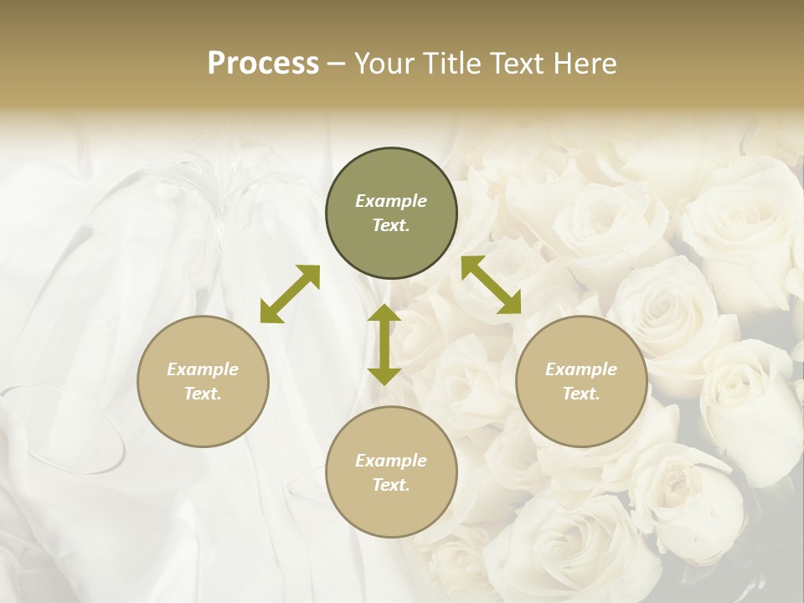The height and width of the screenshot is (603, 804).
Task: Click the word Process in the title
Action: [x=263, y=64]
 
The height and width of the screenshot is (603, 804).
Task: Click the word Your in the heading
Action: [x=384, y=64]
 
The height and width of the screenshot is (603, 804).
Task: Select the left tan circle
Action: [x=203, y=381]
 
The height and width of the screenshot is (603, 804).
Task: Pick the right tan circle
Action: [x=581, y=381]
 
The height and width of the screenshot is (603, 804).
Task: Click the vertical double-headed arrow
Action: [x=384, y=344]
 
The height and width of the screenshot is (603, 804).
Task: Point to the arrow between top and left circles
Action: [x=290, y=294]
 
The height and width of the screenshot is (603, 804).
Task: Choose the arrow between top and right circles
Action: [x=491, y=285]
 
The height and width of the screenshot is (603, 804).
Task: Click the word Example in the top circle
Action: [x=391, y=201]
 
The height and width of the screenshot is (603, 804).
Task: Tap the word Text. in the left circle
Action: [x=203, y=394]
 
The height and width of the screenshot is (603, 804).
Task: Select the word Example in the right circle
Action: [x=581, y=369]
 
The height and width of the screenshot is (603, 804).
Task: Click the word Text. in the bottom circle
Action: [x=391, y=485]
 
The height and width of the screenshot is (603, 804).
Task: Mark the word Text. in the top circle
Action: [x=391, y=225]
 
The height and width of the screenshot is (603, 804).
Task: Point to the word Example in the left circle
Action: [x=203, y=369]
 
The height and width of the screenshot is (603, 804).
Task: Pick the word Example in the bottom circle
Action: [x=391, y=461]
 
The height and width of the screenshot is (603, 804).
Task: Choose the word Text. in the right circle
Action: [x=581, y=394]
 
